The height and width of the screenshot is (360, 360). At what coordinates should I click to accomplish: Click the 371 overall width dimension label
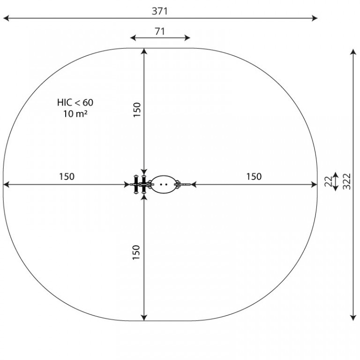tap(159, 11)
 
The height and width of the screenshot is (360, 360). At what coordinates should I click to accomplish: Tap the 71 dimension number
tap(160, 31)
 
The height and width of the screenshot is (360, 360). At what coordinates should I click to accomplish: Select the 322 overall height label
tap(347, 181)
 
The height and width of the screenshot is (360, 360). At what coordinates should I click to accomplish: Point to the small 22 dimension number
tap(328, 181)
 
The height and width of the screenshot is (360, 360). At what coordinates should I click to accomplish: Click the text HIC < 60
tap(75, 102)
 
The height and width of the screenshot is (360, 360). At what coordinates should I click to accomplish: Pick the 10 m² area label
tap(75, 113)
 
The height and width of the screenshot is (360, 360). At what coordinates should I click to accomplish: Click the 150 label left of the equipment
tap(67, 177)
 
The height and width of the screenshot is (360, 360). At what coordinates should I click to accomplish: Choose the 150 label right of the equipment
tap(254, 177)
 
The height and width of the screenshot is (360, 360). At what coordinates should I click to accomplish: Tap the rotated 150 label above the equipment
tap(137, 110)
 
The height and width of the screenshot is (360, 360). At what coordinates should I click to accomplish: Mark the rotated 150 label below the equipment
tap(136, 253)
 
